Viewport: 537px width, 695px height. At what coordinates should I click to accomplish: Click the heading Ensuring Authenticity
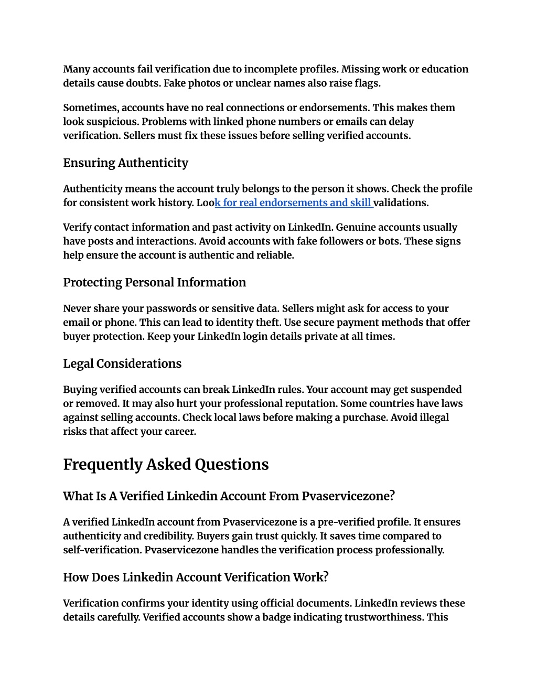[x=125, y=163]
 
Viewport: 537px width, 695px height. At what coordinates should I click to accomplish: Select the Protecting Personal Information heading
[x=154, y=282]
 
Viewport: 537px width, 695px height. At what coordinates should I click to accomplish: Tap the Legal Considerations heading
[x=122, y=363]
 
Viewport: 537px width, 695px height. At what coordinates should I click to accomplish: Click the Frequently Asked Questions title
[x=166, y=464]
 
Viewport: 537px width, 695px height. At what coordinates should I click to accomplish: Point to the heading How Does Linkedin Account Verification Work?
[x=196, y=577]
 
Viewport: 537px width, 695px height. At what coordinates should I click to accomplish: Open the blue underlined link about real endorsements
[x=294, y=202]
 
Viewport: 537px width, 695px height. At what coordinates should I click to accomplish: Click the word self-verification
[x=102, y=550]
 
